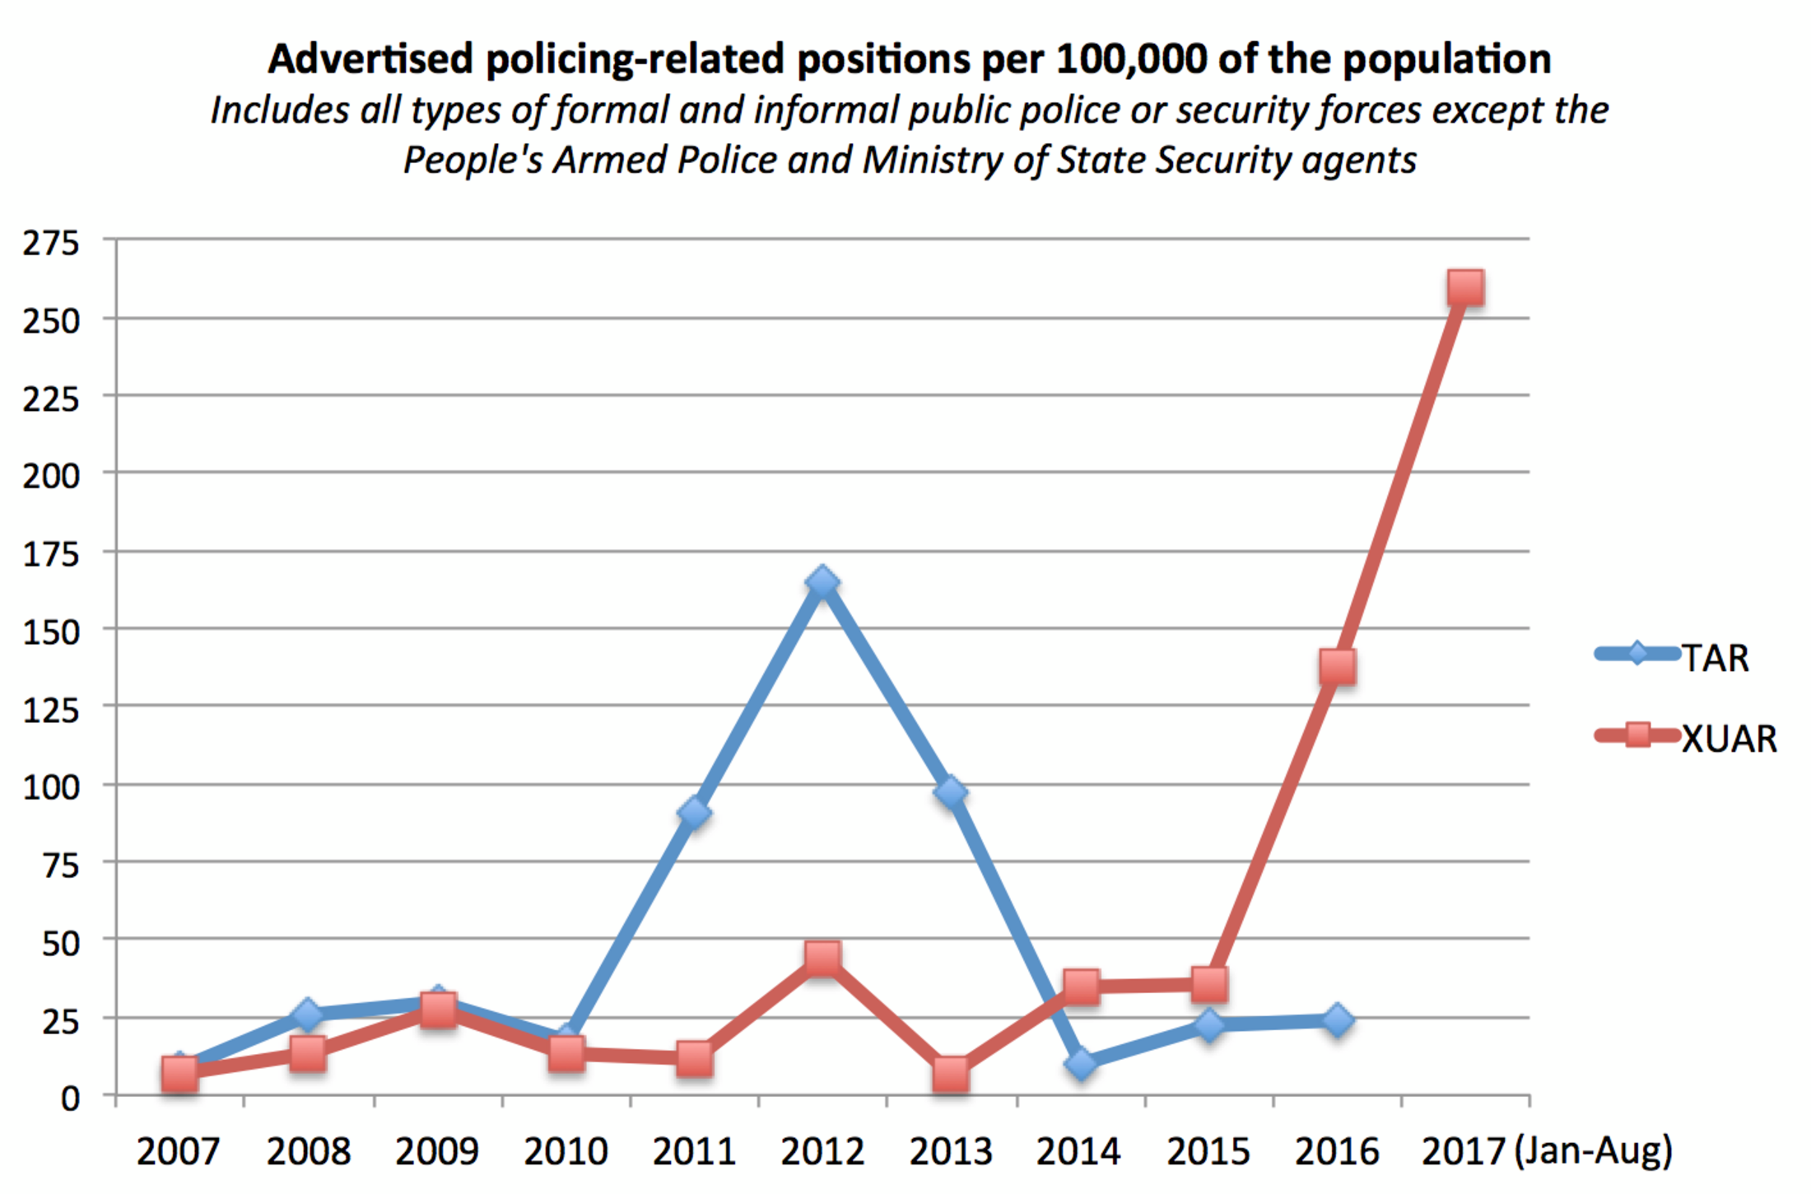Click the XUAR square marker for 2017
1465,287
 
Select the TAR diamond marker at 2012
822,582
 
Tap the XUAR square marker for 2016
1337,666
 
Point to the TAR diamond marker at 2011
694,813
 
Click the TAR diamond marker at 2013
951,792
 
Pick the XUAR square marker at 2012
822,958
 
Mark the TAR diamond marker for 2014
1080,1063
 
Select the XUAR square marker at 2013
951,1074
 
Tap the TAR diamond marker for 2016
1337,1020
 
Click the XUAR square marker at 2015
1208,983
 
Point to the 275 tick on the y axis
51,243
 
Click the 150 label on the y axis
51,632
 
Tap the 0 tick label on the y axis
70,1098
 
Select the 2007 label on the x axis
179,1151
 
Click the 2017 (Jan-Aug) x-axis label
1546,1151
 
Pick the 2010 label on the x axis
566,1151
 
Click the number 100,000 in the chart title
1131,59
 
